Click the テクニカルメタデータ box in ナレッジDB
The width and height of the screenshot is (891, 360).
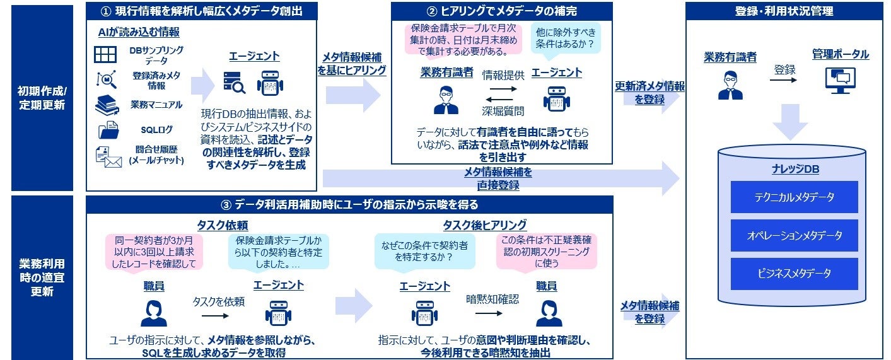(x=794, y=197)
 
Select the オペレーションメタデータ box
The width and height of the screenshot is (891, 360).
(x=794, y=236)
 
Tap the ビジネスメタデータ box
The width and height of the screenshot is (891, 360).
(x=794, y=274)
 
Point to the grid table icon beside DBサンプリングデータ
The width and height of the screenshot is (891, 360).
(x=105, y=54)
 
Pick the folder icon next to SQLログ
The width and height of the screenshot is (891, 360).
(x=108, y=130)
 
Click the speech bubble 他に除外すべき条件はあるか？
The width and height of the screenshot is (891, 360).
(x=565, y=38)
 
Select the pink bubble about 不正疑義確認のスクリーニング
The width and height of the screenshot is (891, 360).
(x=546, y=252)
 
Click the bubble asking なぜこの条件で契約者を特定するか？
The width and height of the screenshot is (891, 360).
(x=424, y=252)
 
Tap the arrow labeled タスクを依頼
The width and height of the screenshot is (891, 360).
(x=215, y=316)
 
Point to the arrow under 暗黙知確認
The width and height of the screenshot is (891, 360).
(x=489, y=313)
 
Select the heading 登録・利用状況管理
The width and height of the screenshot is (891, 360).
(x=784, y=11)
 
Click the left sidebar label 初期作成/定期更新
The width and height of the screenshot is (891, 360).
(x=42, y=98)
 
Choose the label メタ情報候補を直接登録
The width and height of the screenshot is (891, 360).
(x=498, y=178)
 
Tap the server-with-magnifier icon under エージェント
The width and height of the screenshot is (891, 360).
(x=235, y=83)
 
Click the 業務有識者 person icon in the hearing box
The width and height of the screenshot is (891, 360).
(x=446, y=100)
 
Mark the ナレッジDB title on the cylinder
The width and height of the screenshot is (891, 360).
(x=796, y=170)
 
